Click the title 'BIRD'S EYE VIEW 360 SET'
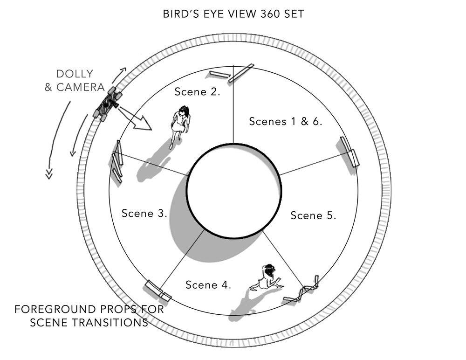pyautogui.click(x=233, y=14)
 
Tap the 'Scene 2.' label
pyautogui.click(x=197, y=92)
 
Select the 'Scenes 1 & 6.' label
pyautogui.click(x=286, y=121)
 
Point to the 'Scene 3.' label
pyautogui.click(x=144, y=213)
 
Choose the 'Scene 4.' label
pyautogui.click(x=208, y=285)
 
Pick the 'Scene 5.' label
pyautogui.click(x=313, y=215)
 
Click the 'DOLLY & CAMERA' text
pyautogui.click(x=75, y=80)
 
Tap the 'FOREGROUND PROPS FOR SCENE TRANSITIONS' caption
pyautogui.click(x=89, y=316)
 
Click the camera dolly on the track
pyautogui.click(x=107, y=104)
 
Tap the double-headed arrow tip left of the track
pyautogui.click(x=49, y=174)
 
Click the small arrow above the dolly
pyautogui.click(x=119, y=75)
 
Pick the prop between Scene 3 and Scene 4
pyautogui.click(x=158, y=291)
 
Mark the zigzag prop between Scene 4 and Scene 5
pyautogui.click(x=302, y=290)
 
